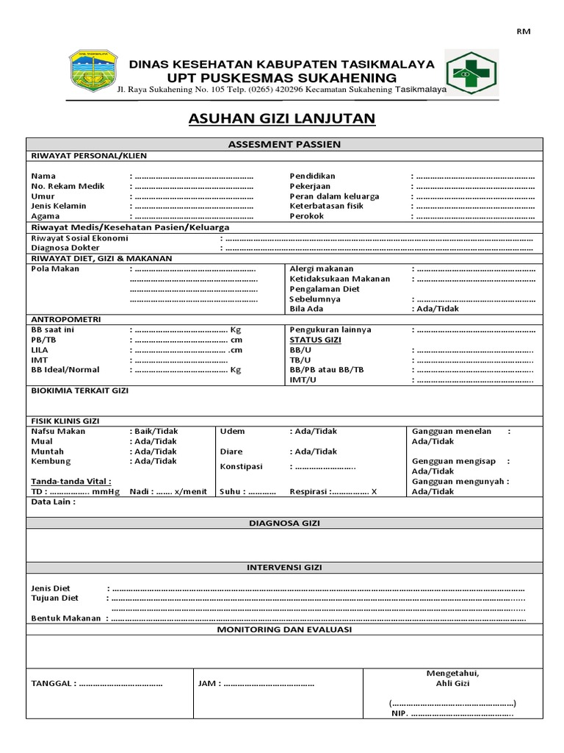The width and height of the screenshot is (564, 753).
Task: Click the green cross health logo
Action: [x=473, y=72]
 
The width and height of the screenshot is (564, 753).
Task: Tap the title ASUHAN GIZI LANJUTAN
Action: [x=282, y=119]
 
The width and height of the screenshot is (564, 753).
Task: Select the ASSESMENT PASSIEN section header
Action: [x=285, y=144]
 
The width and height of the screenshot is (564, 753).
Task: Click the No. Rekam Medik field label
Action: [x=68, y=186]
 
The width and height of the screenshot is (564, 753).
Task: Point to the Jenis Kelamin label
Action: [x=59, y=206]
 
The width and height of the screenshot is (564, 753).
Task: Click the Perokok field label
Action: [x=306, y=216]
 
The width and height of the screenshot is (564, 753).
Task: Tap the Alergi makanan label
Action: [x=322, y=268]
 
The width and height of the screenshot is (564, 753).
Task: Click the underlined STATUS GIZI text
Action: [x=315, y=340]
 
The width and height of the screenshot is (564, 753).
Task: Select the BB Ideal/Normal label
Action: [x=65, y=370]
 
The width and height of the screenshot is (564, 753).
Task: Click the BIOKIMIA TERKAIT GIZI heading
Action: [x=79, y=390]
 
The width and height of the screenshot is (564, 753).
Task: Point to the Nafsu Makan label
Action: [x=58, y=431]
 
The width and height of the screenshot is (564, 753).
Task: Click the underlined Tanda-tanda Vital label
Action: [x=71, y=481]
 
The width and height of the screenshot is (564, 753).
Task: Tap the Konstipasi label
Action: [x=242, y=466]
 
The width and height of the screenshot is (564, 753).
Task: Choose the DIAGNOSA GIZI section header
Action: [x=285, y=523]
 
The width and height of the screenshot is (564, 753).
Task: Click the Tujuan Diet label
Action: [x=55, y=598]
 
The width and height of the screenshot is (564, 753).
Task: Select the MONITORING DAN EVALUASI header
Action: [x=285, y=630]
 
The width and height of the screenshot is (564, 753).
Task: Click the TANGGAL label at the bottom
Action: [x=52, y=683]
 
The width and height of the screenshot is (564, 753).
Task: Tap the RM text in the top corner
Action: [x=524, y=31]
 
